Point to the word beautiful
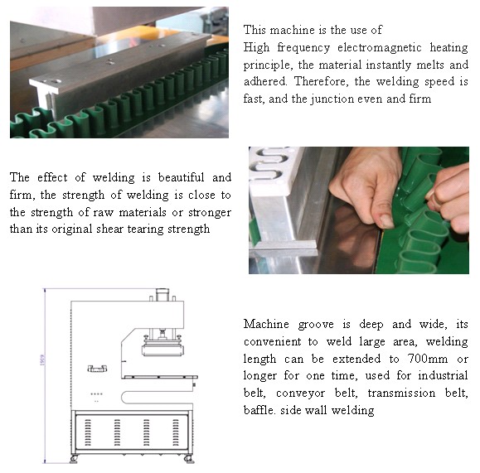click(x=181, y=177)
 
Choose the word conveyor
click(x=300, y=393)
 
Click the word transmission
click(x=401, y=393)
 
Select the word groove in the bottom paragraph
click(x=316, y=325)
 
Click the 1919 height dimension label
click(x=42, y=360)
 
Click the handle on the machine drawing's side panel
click(x=97, y=369)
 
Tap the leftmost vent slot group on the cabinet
click(x=88, y=432)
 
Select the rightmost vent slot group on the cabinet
click(x=176, y=432)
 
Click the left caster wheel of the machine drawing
click(x=74, y=459)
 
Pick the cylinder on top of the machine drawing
click(x=162, y=295)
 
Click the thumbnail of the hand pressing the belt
click(x=359, y=210)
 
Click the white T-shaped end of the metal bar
click(x=46, y=89)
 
